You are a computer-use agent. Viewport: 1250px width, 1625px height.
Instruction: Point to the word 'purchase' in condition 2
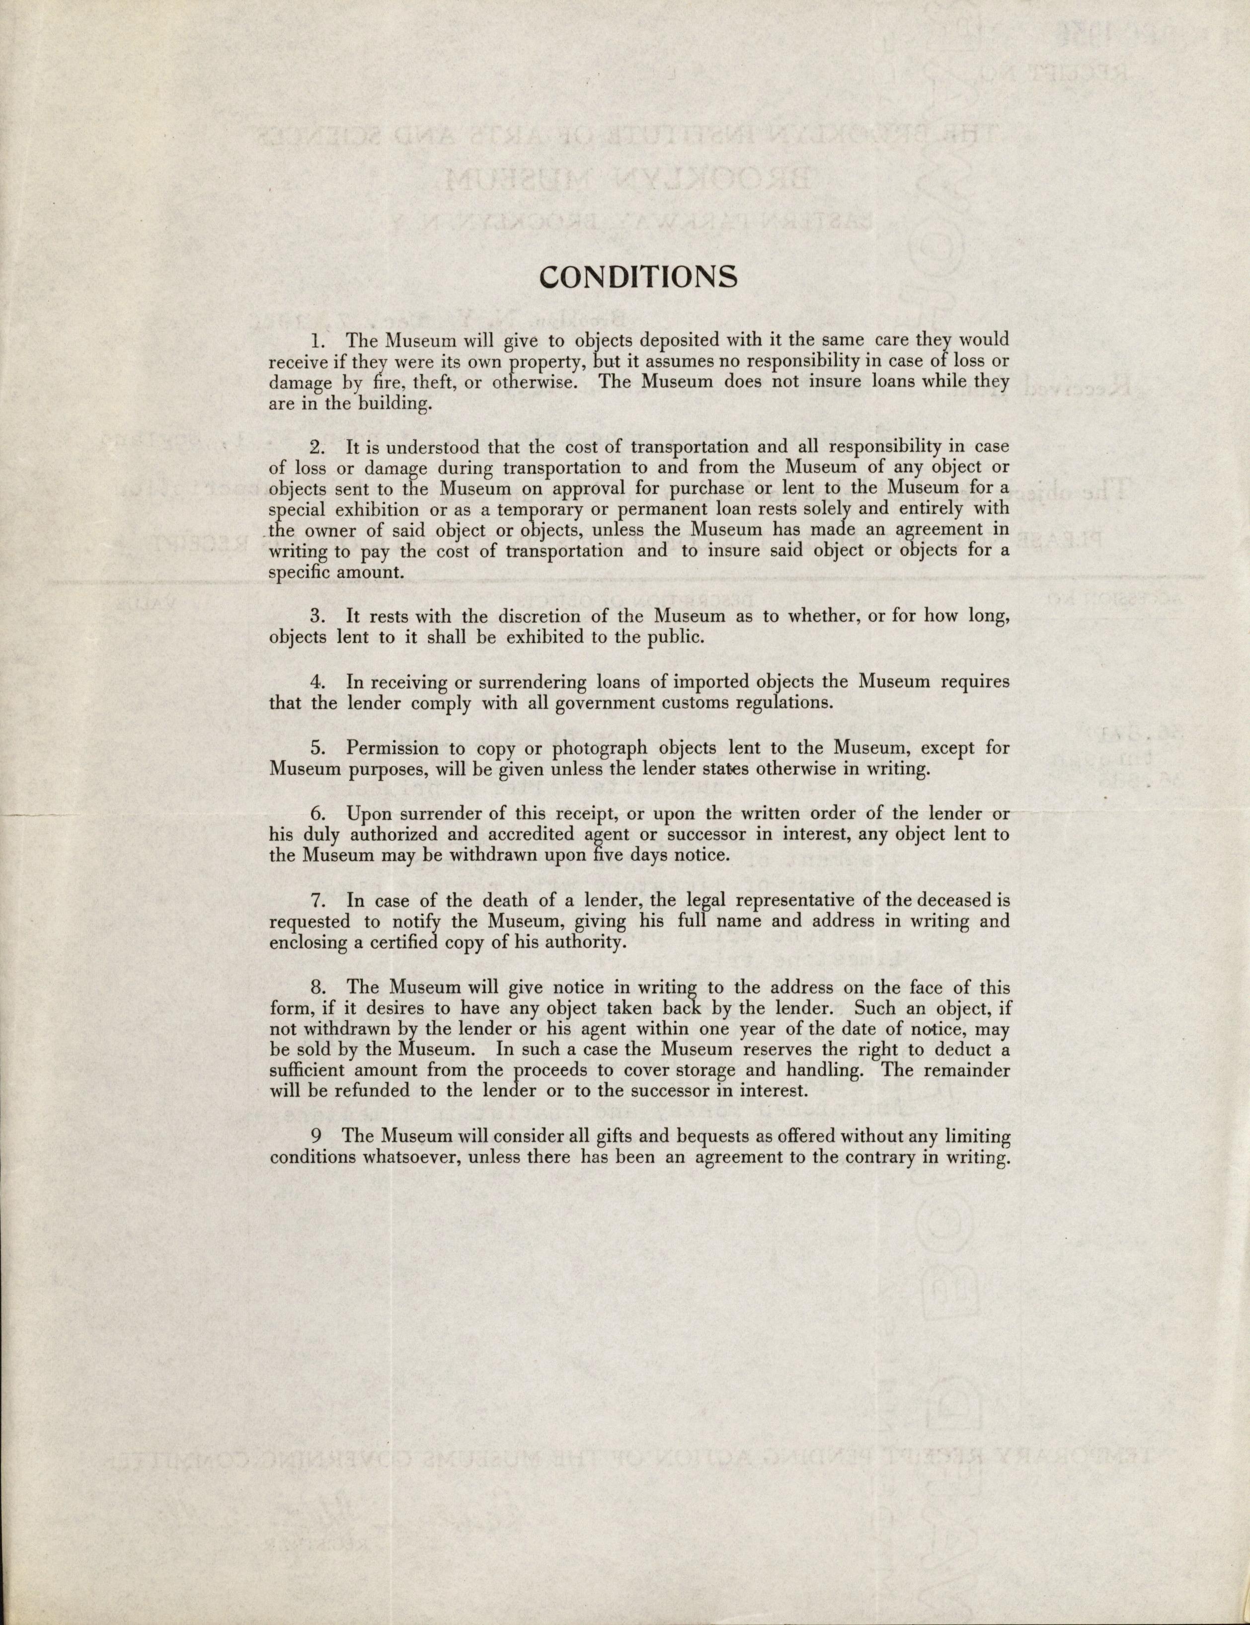pos(706,488)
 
